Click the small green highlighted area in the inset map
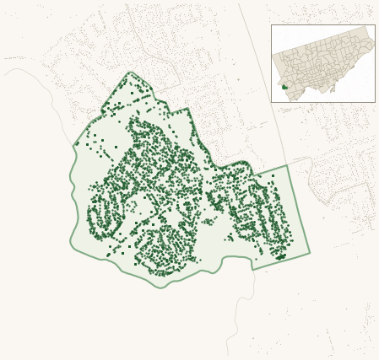[x=284, y=86]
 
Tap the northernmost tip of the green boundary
[x=130, y=73]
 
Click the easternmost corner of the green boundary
[x=309, y=252]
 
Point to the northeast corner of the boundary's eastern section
[x=287, y=165]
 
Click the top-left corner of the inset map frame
[x=271, y=25]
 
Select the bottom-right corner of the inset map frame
[x=375, y=102]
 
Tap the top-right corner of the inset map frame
[x=375, y=25]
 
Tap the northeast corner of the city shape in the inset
[x=368, y=28]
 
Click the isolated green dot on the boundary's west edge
[x=78, y=144]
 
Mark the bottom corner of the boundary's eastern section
[x=255, y=269]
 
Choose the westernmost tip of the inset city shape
[x=273, y=56]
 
